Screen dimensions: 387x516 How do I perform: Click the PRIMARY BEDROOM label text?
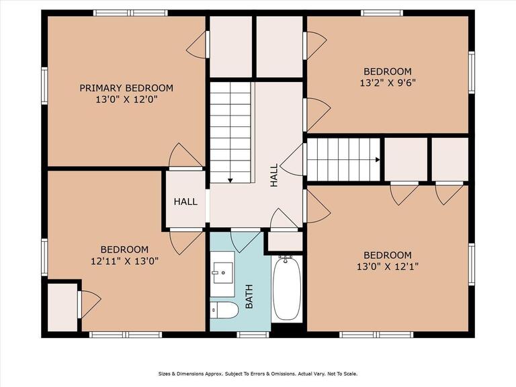pos(126,88)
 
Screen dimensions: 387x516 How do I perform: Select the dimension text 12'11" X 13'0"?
pos(124,261)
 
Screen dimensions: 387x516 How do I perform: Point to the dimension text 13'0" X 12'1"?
pos(387,267)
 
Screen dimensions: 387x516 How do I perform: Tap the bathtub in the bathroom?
pos(288,289)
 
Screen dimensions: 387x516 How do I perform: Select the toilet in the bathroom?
pos(224,310)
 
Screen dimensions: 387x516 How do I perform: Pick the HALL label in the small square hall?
pos(185,202)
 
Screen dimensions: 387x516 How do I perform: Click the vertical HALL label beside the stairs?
pos(274,176)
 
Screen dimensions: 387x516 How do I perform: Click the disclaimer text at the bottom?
pos(258,374)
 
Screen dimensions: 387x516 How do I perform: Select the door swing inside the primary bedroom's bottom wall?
pos(183,156)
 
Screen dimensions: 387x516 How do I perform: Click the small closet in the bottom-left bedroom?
pos(62,306)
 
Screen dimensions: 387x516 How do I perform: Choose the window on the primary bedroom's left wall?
pos(44,86)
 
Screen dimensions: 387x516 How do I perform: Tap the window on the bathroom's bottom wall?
pos(253,334)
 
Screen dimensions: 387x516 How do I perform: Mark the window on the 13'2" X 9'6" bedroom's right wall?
pos(471,73)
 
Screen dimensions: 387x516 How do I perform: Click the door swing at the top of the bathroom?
pos(243,241)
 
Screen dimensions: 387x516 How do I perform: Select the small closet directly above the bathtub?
pos(285,241)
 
